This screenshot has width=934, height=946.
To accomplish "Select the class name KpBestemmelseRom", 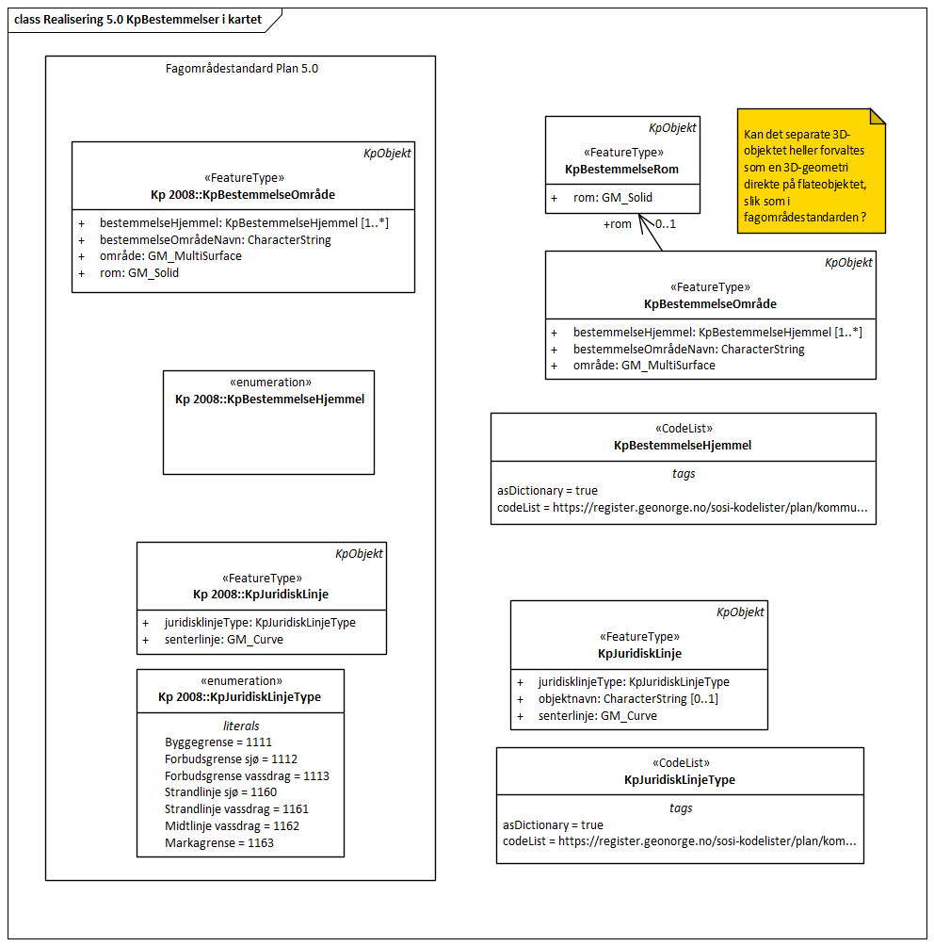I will tap(621, 170).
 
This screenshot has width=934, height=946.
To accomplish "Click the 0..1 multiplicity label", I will tap(666, 224).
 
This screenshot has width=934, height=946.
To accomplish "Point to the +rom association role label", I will tap(617, 224).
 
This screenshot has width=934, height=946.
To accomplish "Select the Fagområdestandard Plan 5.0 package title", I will tap(240, 69).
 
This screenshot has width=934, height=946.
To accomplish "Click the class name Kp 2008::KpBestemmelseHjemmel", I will tap(269, 400).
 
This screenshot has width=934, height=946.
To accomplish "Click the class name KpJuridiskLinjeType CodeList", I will tap(680, 780).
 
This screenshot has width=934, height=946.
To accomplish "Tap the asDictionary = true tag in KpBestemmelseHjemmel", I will tap(547, 491).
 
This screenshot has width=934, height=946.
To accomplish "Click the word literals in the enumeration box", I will tap(241, 726).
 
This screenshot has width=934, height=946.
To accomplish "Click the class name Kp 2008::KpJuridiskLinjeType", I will tap(240, 697).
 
